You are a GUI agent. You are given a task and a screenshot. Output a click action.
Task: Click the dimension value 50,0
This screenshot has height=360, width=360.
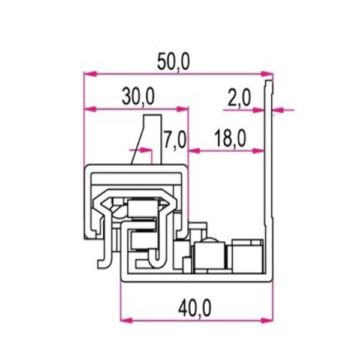click(x=174, y=62)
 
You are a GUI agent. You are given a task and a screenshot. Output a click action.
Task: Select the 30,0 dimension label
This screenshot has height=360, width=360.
click(x=138, y=96)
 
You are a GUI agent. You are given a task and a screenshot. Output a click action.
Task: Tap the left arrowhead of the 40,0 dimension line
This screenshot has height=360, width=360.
click(x=125, y=319)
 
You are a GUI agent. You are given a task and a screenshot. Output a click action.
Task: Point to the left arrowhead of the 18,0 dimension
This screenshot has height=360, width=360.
click(x=193, y=151)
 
